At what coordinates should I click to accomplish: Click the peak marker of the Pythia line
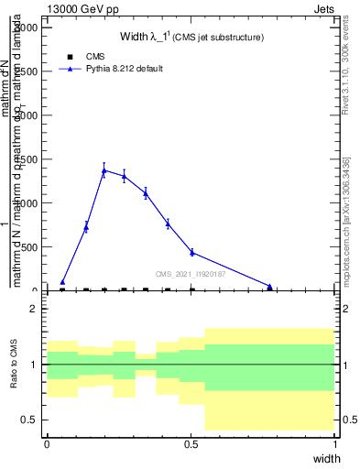coord(104,170)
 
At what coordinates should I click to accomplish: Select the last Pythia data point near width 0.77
coord(269,287)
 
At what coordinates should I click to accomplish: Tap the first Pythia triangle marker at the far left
coord(62,282)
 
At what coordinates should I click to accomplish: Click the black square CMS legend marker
coord(71,57)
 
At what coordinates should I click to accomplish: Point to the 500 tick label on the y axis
coord(28,247)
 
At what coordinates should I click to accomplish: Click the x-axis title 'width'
coord(326,457)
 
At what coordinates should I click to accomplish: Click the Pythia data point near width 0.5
coord(191,252)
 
